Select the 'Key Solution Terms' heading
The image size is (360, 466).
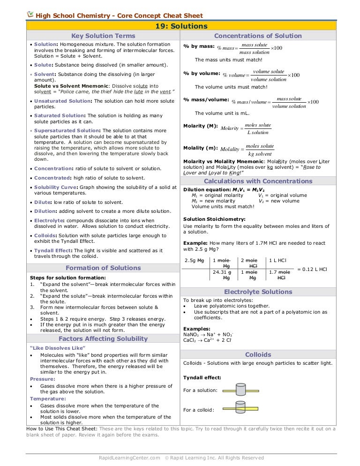click(103, 36)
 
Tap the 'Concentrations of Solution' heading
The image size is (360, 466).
click(258, 36)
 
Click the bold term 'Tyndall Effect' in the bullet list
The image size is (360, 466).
click(52, 251)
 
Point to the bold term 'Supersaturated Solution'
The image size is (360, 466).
click(67, 131)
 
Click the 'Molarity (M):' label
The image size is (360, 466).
click(201, 126)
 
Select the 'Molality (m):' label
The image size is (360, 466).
click(201, 148)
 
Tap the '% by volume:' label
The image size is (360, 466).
click(202, 73)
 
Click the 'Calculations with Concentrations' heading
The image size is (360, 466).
click(258, 181)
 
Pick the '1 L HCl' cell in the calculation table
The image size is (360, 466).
click(277, 260)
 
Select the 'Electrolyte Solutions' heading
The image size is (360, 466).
click(258, 292)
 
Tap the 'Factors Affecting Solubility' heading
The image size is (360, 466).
click(103, 338)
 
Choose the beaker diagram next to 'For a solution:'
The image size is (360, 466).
click(240, 390)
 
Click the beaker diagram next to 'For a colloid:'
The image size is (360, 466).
click(240, 408)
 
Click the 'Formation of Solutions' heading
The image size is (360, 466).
click(103, 268)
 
